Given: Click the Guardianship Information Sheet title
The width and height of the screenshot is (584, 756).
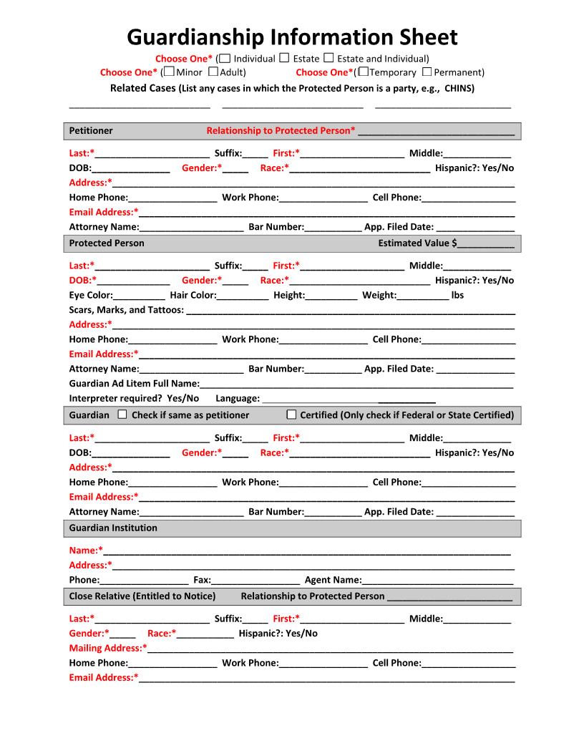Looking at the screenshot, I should [292, 37].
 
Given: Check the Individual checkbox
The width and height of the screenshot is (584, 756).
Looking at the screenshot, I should [225, 58].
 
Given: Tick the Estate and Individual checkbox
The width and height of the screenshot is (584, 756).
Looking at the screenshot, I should [329, 58].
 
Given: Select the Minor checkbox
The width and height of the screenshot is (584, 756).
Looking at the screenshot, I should [169, 72].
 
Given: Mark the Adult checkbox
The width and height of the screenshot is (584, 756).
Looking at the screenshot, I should [213, 72].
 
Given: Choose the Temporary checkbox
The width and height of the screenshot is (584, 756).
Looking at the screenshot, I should [364, 72].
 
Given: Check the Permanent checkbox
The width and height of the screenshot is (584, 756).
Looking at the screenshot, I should [427, 72].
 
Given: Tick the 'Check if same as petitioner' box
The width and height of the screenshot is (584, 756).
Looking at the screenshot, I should [122, 415].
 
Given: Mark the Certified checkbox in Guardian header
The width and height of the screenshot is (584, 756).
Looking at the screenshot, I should [291, 415].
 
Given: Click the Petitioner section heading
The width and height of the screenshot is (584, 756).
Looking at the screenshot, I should [91, 131].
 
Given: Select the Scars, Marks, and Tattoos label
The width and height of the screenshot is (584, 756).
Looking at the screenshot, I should [126, 310].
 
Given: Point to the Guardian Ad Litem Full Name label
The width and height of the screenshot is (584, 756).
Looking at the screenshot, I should [134, 384].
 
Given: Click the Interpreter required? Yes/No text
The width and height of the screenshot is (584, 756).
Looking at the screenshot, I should [134, 398].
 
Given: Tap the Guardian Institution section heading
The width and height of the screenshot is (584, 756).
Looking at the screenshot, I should [113, 528].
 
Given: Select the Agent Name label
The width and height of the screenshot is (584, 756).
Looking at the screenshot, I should [333, 581].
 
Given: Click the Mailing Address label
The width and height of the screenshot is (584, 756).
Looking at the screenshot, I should [107, 649].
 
